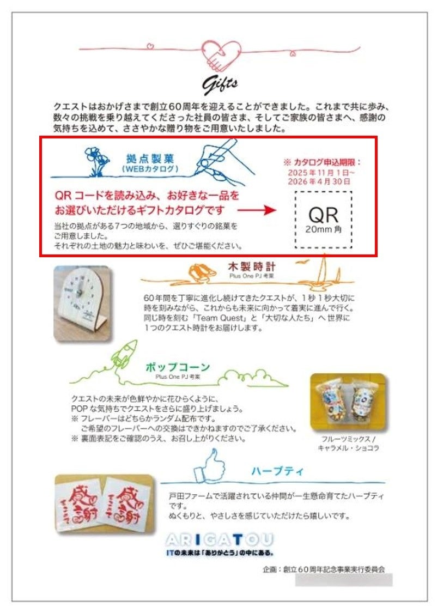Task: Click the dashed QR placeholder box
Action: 323,220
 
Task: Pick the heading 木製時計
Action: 252,268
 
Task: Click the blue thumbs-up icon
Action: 213,465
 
